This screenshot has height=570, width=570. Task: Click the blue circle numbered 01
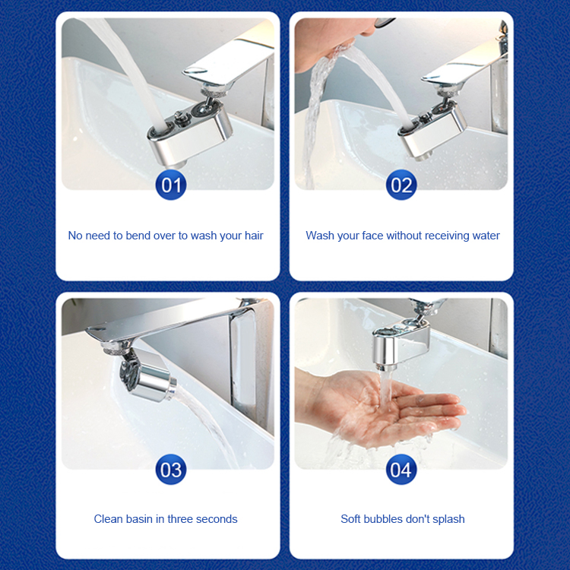point(171,185)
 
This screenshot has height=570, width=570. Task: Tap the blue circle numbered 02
point(401,185)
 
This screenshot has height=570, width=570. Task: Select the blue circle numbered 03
point(171,470)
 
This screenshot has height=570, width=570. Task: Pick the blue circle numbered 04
point(401,470)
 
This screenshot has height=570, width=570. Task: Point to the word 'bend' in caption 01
point(138,236)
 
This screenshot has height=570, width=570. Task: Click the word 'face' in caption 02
point(369,236)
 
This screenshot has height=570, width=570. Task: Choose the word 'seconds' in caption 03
point(216,519)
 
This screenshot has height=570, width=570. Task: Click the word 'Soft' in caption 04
point(351,519)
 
